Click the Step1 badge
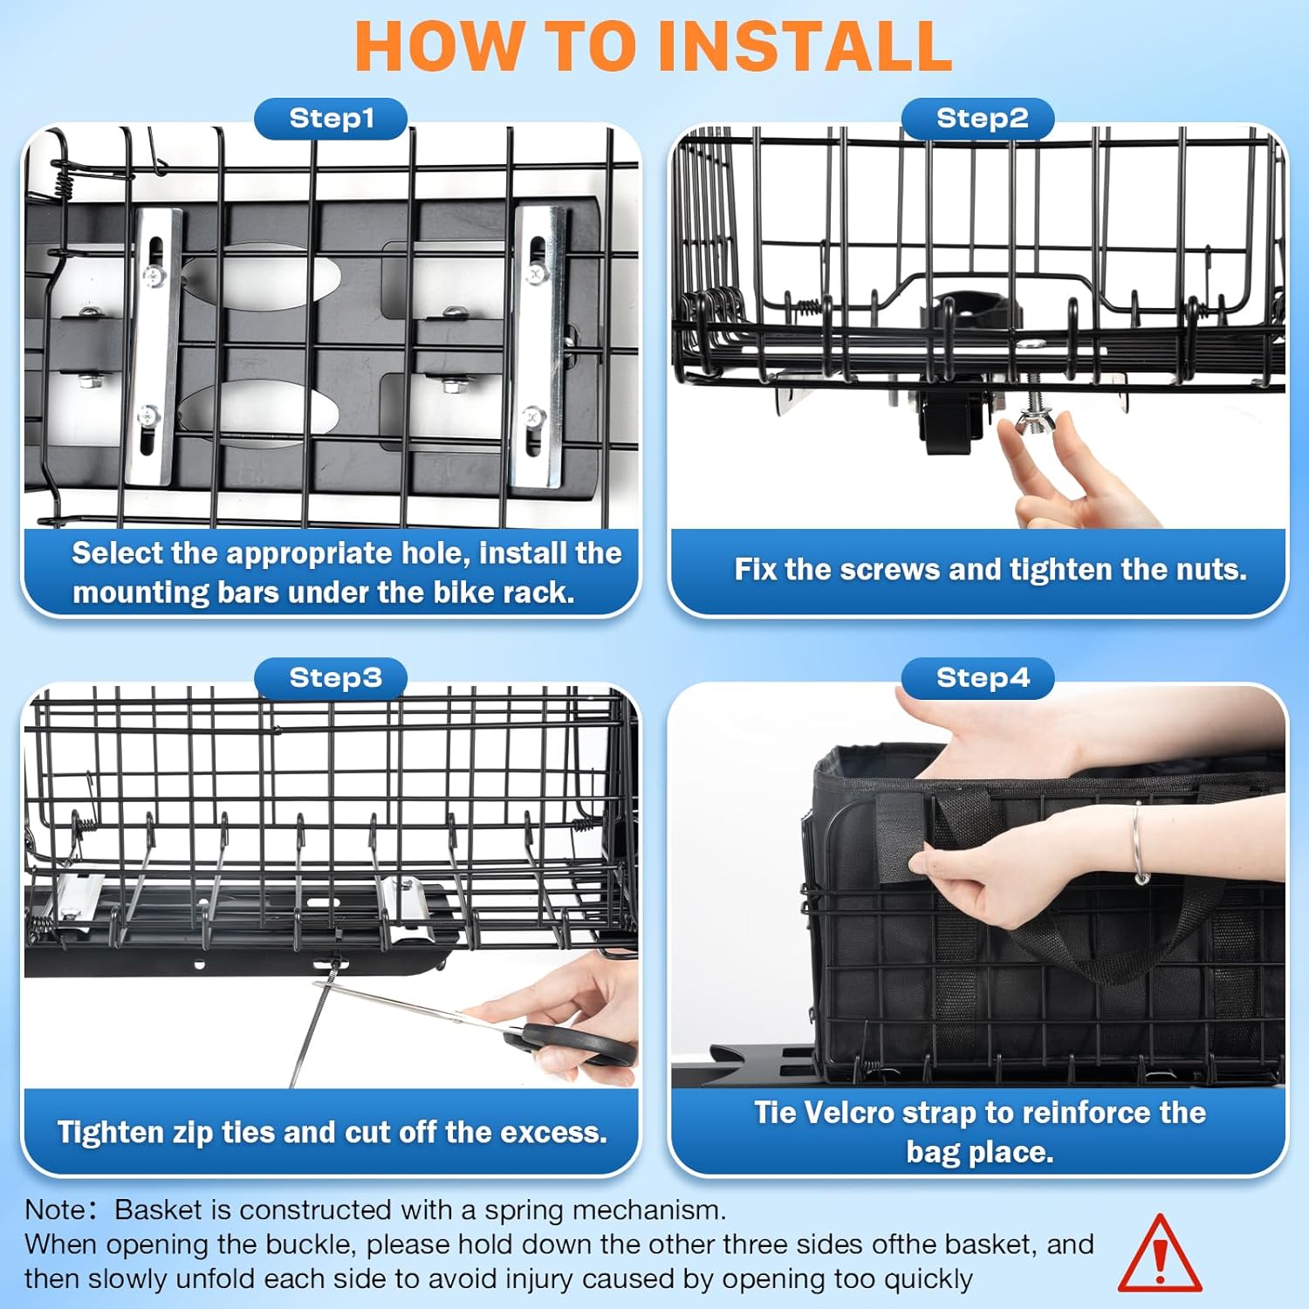331,119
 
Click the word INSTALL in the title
805,46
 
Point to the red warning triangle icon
1160,1254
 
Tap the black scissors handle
576,1044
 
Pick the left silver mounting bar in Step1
154,347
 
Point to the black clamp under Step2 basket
956,410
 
